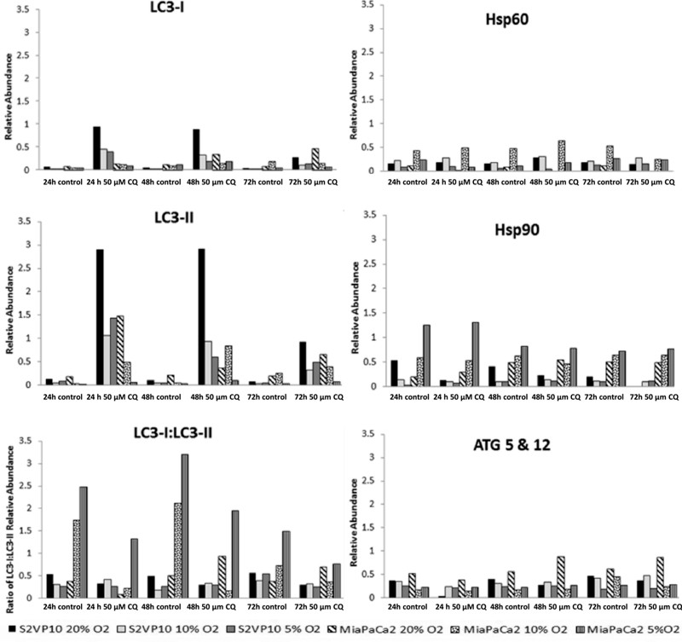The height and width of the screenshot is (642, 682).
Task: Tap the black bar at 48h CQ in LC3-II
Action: (x=196, y=317)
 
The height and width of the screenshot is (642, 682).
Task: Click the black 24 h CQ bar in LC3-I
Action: (x=97, y=148)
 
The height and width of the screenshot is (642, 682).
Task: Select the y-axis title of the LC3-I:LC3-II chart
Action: (x=9, y=523)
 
